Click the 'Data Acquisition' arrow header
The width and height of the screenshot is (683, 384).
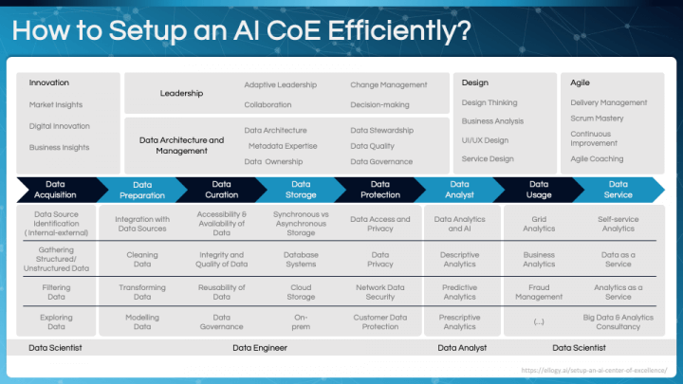pyautogui.click(x=55, y=190)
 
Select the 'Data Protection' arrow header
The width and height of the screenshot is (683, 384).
pyautogui.click(x=379, y=190)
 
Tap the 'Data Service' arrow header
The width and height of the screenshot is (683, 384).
pyautogui.click(x=618, y=190)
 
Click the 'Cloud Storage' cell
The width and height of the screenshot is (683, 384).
pyautogui.click(x=300, y=292)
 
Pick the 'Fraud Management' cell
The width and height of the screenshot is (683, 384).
pyautogui.click(x=539, y=292)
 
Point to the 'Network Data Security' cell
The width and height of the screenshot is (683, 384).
pyautogui.click(x=380, y=292)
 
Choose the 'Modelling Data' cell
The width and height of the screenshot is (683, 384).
pyautogui.click(x=142, y=322)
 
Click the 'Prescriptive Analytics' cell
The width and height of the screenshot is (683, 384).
pyautogui.click(x=459, y=322)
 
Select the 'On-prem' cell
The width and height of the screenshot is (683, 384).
pyautogui.click(x=300, y=322)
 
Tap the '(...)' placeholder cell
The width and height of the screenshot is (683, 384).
pyautogui.click(x=539, y=322)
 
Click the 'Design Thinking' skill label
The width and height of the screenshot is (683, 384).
pyautogui.click(x=489, y=102)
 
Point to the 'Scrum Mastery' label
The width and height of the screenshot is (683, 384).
pyautogui.click(x=597, y=119)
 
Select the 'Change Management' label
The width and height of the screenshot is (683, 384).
pyautogui.click(x=388, y=85)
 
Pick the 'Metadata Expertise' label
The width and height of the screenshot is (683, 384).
pyautogui.click(x=283, y=146)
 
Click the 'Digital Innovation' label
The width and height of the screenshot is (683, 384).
pyautogui.click(x=59, y=126)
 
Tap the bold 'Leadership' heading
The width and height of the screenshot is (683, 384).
pyautogui.click(x=182, y=94)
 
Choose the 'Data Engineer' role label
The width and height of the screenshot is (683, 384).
pyautogui.click(x=260, y=348)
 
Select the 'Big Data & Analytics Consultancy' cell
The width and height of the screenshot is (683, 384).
pyautogui.click(x=618, y=322)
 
